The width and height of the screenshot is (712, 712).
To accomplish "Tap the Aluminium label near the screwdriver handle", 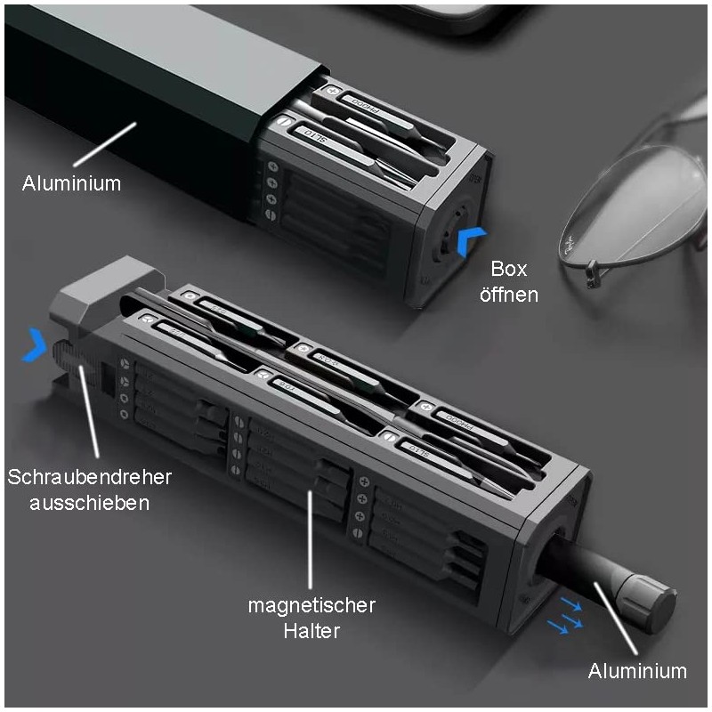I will point(639,671).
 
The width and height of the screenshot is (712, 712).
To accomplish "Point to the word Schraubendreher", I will point(89,477).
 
